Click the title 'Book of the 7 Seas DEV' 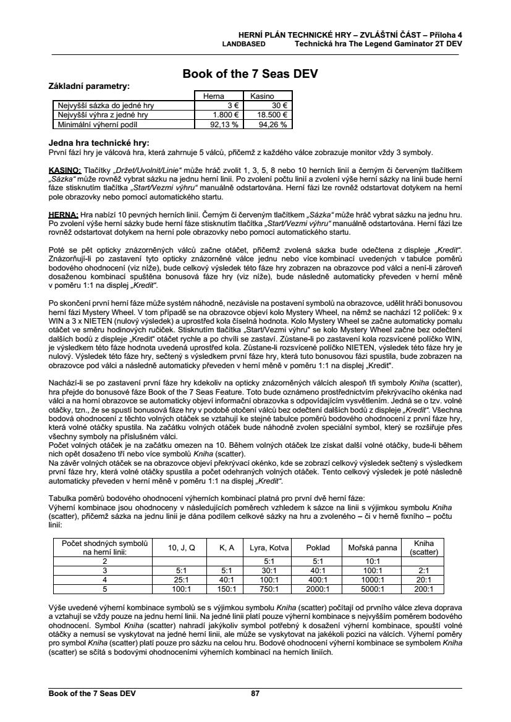pos(250,75)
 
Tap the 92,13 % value pos(224,124)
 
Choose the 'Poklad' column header pos(318,547)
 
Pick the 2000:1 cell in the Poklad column pos(318,589)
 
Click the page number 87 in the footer pos(255,694)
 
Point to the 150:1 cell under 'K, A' pos(226,589)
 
